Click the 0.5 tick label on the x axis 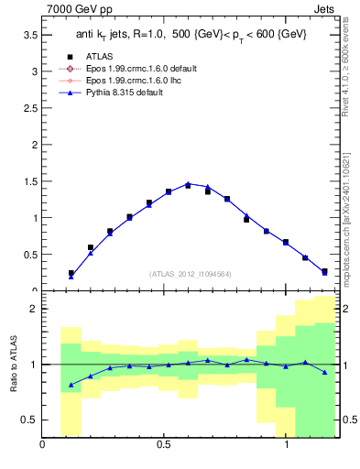pos(164,445)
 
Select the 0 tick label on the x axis pos(43,445)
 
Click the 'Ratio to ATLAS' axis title pos(13,364)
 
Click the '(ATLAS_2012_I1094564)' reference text pos(190,273)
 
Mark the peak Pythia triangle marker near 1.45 pos(188,184)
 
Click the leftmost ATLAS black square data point pos(71,273)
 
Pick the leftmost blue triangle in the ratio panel pos(71,385)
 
